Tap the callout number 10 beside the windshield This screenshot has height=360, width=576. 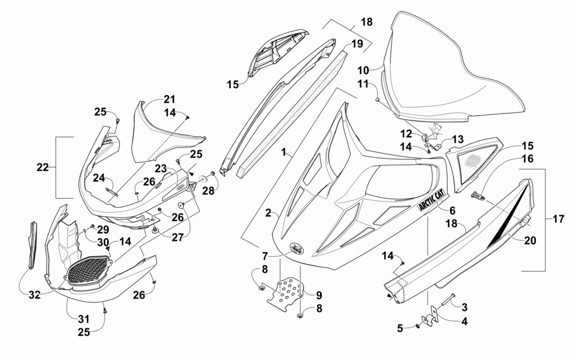pos(363,70)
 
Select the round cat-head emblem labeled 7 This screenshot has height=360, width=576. pos(296,248)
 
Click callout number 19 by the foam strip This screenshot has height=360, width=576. pos(357,44)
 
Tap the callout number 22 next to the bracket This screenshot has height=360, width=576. pos(43,167)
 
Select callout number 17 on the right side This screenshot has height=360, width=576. pos(558,219)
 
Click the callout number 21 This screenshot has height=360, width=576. pos(169,99)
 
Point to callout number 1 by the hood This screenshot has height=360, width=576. pos(283,151)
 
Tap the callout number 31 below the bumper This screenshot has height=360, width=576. pos(84,320)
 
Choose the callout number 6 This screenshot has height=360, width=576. pos(452,210)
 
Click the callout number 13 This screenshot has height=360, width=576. pos(458,139)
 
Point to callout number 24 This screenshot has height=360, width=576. pos(98,178)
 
